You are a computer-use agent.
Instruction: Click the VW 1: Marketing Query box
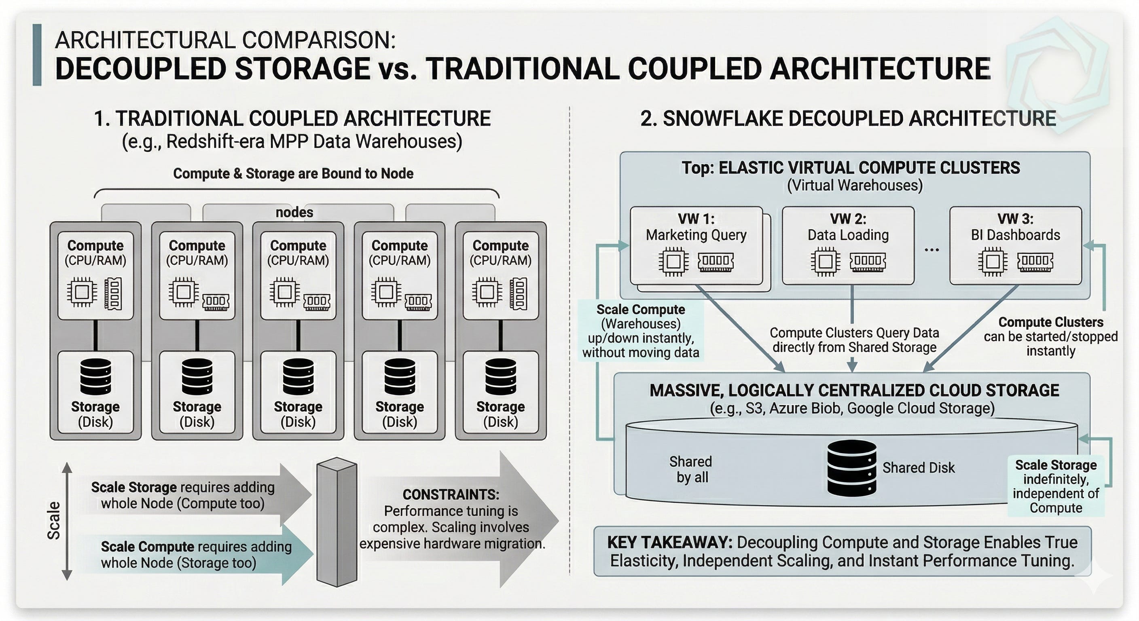point(697,245)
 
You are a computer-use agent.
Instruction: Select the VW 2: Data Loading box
point(848,245)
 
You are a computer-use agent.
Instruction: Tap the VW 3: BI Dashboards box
point(1016,245)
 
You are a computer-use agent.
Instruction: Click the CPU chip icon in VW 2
point(825,262)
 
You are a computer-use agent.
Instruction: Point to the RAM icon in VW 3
point(1035,261)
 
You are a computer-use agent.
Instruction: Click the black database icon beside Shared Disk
point(851,468)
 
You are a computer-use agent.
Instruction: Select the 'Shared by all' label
point(691,469)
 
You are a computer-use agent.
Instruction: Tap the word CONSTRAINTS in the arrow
point(451,494)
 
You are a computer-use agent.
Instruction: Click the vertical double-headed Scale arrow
point(67,521)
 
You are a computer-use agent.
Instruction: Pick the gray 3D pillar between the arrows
point(337,522)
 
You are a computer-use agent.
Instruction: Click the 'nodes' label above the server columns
point(294,212)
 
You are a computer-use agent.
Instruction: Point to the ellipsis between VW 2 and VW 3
point(932,250)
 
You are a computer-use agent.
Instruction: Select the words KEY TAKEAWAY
point(669,542)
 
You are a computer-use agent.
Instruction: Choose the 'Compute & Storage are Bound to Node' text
point(293,173)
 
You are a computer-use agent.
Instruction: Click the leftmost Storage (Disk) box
point(95,392)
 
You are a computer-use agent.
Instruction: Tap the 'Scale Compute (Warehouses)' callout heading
point(641,317)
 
